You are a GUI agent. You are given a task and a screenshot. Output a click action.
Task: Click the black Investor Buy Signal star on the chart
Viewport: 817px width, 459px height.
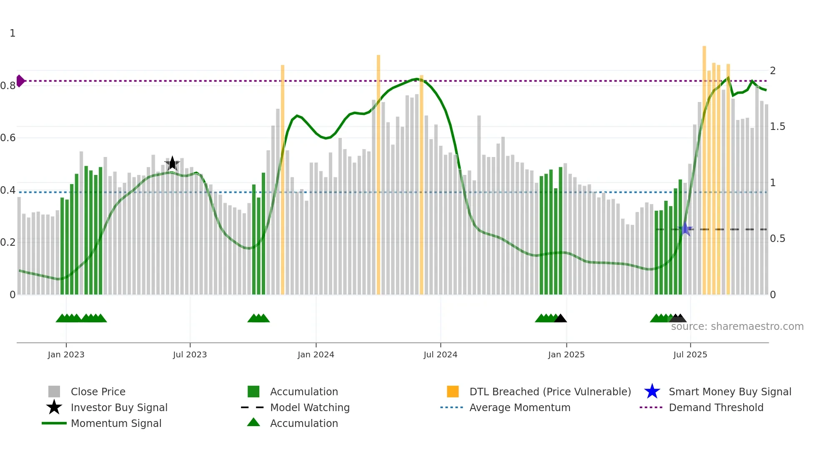tap(172, 163)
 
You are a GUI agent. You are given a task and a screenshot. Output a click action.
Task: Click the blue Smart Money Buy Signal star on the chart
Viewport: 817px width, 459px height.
tap(685, 229)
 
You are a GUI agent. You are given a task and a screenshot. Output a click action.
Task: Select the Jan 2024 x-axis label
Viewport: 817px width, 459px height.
tap(316, 354)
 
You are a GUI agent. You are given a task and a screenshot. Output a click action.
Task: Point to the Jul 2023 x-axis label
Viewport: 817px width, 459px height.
tap(190, 354)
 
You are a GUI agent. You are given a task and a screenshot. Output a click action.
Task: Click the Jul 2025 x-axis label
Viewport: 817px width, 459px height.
tap(690, 354)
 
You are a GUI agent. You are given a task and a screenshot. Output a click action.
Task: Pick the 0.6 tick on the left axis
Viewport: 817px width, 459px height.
tap(8, 138)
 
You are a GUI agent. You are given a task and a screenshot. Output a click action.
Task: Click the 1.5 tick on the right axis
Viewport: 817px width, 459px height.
tap(777, 127)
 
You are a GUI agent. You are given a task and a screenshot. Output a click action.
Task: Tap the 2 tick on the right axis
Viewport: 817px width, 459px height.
tap(772, 71)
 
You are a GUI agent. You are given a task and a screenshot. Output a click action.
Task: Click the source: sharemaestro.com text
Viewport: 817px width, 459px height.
tap(737, 327)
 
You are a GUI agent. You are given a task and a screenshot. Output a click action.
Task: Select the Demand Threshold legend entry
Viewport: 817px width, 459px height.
tap(716, 407)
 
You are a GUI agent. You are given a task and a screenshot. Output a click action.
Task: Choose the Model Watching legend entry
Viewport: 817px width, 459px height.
tap(309, 407)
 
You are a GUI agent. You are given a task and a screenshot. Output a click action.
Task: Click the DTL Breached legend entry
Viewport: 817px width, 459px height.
tap(550, 392)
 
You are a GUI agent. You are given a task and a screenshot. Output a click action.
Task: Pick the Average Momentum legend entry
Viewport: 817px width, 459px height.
tap(519, 407)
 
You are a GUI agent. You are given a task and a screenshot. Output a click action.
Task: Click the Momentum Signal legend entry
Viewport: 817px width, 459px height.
tap(116, 423)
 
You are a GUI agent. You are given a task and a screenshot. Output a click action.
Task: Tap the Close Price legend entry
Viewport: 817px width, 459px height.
tap(98, 392)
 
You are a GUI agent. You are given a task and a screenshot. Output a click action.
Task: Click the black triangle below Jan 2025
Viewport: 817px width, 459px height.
tap(560, 318)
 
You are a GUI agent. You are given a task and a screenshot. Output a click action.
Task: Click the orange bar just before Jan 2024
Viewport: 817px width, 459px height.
tap(282, 179)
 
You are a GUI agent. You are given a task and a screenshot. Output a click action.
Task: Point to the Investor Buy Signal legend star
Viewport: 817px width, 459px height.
tap(54, 407)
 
